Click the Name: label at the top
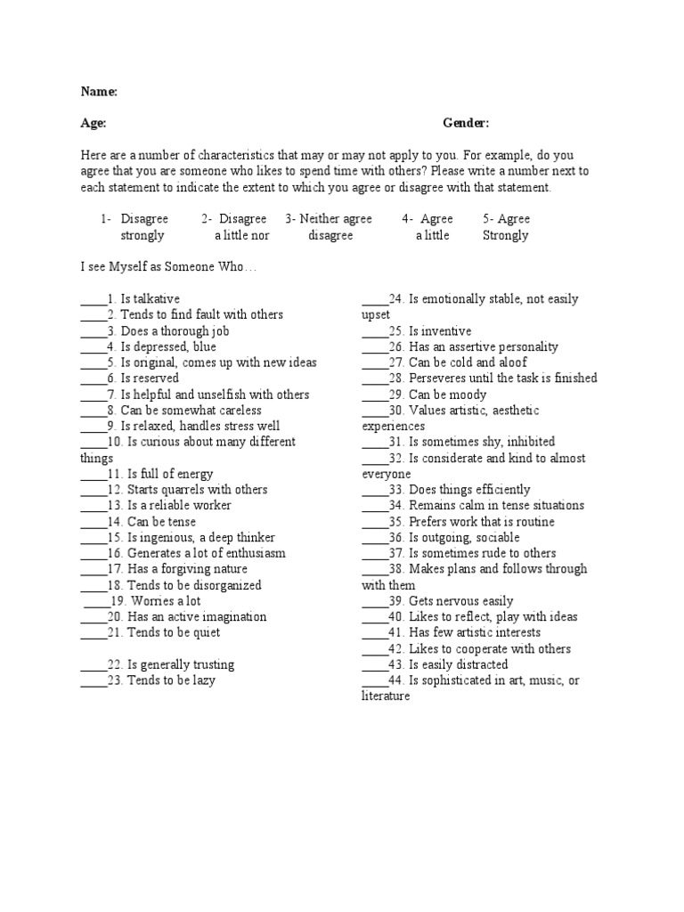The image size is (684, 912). tap(99, 91)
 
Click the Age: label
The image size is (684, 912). tap(94, 123)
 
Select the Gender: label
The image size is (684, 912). tap(466, 123)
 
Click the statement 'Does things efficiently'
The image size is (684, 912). tap(469, 489)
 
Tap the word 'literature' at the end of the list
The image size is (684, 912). tap(386, 696)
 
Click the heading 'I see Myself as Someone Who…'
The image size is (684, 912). tap(168, 267)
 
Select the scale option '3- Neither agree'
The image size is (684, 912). tap(329, 219)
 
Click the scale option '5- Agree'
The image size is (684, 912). tap(506, 219)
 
